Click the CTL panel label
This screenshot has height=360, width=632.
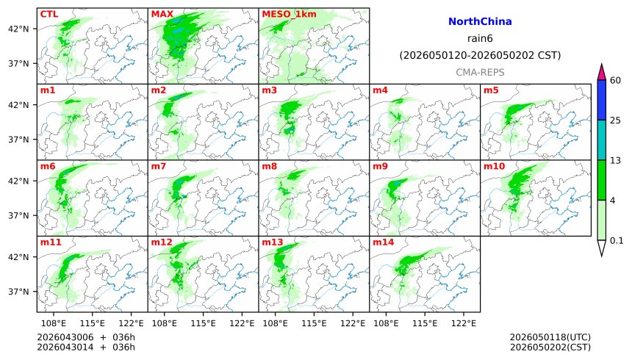click(x=49, y=14)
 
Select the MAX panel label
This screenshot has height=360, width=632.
click(x=162, y=14)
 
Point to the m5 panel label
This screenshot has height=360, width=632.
click(x=491, y=90)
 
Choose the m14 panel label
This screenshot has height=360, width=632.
click(x=382, y=242)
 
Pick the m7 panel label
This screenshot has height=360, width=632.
click(x=159, y=167)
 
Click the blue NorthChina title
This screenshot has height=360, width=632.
click(x=480, y=22)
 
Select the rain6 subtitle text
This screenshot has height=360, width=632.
click(x=480, y=38)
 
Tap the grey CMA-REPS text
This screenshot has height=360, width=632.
click(x=480, y=72)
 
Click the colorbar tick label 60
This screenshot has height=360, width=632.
click(x=616, y=80)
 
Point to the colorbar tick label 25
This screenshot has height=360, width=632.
click(x=616, y=120)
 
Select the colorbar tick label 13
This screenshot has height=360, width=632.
click(x=616, y=160)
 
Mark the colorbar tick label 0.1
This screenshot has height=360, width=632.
click(x=617, y=240)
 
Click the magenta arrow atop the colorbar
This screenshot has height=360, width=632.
click(x=601, y=72)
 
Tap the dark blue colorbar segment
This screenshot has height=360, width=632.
click(x=601, y=100)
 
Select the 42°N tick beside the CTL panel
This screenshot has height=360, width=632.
click(x=18, y=29)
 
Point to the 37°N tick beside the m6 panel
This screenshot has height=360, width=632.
click(x=18, y=215)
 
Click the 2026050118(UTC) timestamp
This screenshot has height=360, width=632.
click(x=550, y=337)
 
